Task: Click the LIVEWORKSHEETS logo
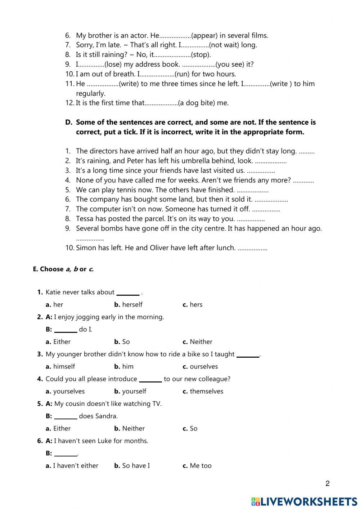tap(304, 501)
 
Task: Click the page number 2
tap(327, 483)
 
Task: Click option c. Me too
tap(197, 465)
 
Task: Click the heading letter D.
tap(68, 122)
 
